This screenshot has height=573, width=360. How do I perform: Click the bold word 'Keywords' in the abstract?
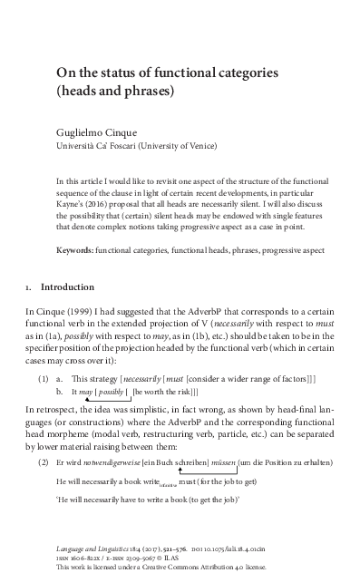point(74,224)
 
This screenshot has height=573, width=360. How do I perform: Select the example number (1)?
point(44,374)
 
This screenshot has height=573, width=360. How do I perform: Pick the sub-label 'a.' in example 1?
point(60,374)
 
